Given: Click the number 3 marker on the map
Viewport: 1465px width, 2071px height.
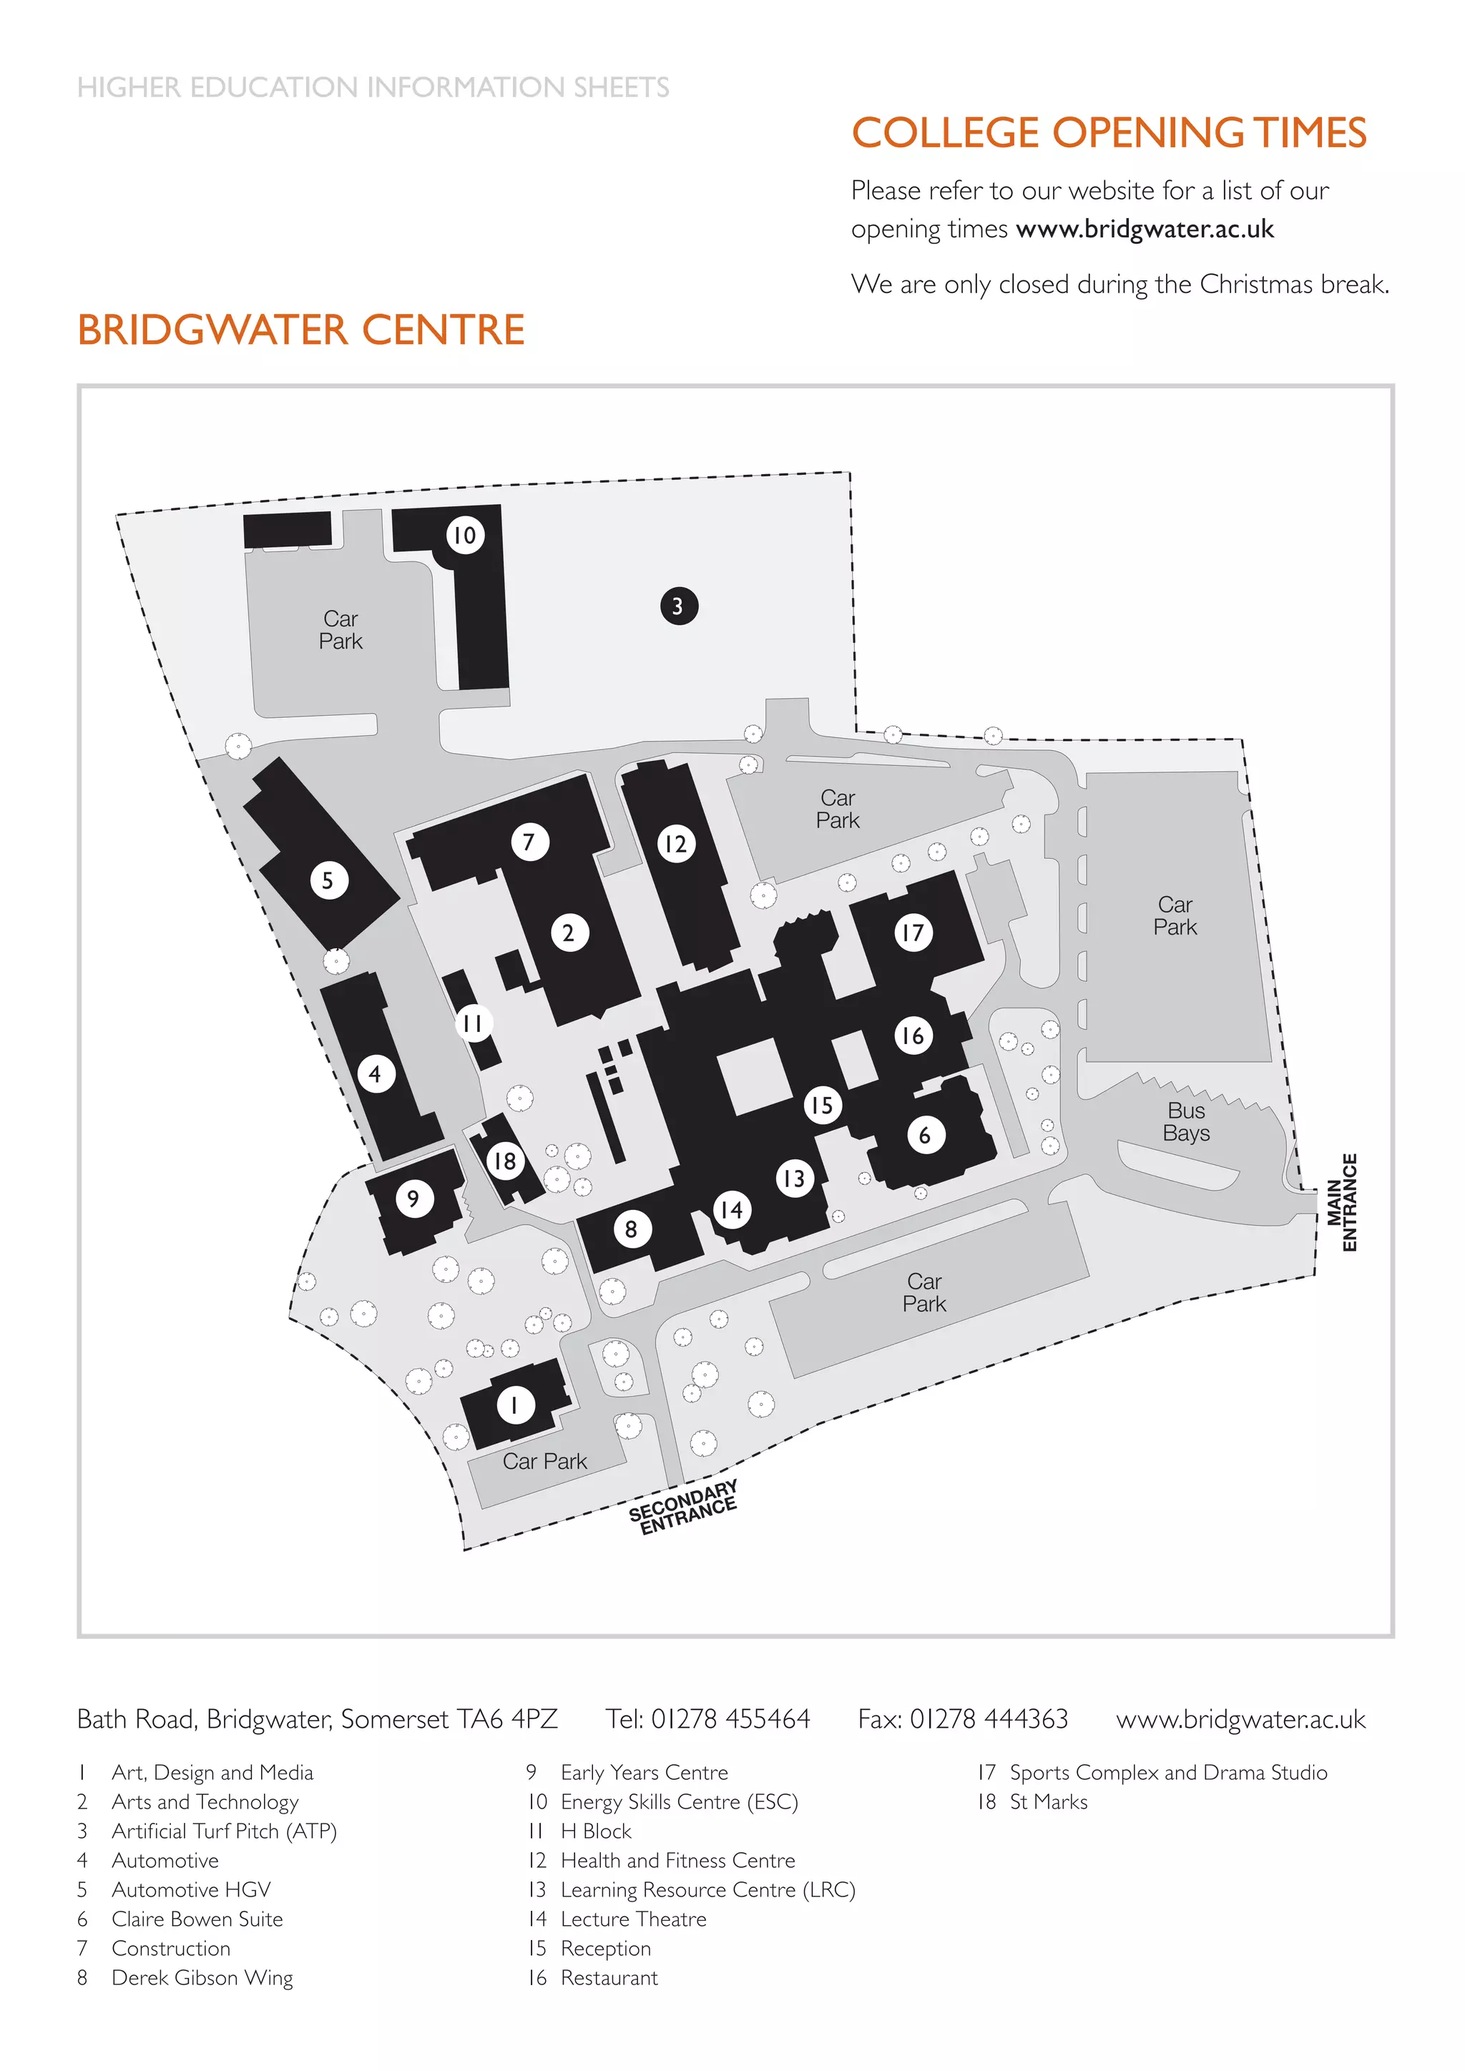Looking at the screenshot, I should [x=678, y=606].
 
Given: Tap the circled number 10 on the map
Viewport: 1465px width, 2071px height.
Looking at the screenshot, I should [x=464, y=535].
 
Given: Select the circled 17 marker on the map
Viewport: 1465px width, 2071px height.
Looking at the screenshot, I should [x=913, y=932].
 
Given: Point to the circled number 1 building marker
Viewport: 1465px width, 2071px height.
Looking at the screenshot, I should [x=515, y=1405].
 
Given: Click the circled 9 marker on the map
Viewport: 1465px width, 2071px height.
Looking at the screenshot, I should [x=414, y=1198].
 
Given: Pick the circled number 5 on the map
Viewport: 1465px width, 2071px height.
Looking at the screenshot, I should [x=328, y=880].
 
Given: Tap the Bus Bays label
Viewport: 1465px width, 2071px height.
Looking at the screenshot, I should [x=1185, y=1122].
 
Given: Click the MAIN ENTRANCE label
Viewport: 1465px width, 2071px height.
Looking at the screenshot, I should [x=1341, y=1201].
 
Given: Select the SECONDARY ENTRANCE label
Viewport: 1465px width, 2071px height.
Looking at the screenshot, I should [x=683, y=1507].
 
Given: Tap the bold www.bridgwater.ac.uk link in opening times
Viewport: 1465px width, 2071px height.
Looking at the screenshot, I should [x=1144, y=229].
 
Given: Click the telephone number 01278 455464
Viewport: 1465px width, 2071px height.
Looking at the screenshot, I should [x=730, y=1719].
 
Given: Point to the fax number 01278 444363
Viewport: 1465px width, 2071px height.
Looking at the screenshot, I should [x=989, y=1719].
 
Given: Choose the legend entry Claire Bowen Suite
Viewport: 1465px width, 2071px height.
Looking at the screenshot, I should [x=197, y=1919].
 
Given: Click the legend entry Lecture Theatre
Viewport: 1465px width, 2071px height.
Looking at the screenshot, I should [x=633, y=1919].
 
